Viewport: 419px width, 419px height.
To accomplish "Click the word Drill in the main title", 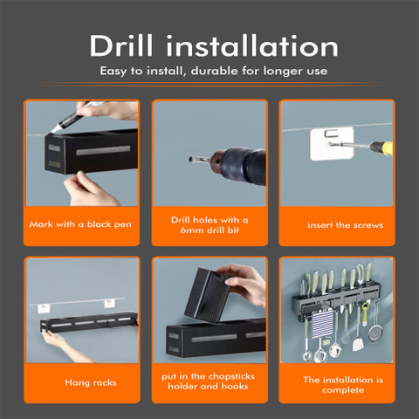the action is pos(121,45).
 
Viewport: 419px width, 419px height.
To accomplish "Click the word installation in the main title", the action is pos(252,45).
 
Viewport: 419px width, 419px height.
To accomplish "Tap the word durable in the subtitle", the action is pos(215,71).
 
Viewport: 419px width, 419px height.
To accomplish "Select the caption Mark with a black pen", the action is pos(80,224).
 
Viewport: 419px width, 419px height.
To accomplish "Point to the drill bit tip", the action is pos(190,159).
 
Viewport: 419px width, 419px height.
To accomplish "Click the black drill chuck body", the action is pos(246,166).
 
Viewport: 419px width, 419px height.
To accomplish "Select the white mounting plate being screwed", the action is pos(332,143).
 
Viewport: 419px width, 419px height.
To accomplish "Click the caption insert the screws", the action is pos(346,225).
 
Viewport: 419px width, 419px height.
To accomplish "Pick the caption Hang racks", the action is pos(91,382).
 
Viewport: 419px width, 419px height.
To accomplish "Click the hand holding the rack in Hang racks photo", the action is pos(63,344).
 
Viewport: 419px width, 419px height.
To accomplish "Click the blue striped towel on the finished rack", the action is pos(322,324).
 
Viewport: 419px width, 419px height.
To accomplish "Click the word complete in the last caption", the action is pos(343,390).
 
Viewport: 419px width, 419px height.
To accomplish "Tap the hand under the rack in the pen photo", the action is pos(87,189).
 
